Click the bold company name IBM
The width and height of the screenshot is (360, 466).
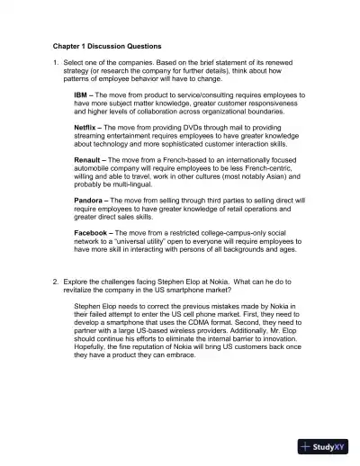pos(81,94)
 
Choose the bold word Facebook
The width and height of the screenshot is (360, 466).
pos(93,232)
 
